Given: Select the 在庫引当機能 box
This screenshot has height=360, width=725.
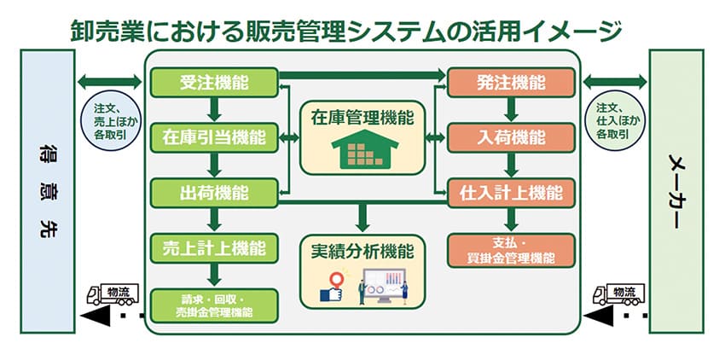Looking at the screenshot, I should [x=215, y=136].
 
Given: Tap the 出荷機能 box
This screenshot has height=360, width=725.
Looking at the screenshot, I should [x=215, y=191].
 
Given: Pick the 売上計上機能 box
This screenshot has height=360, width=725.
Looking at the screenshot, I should [x=215, y=248].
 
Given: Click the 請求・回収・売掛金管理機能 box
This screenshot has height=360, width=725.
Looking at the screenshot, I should [x=215, y=305].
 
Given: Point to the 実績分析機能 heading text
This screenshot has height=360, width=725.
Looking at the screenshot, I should [x=362, y=252].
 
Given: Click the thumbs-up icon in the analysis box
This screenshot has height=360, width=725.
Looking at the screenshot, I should [x=331, y=289].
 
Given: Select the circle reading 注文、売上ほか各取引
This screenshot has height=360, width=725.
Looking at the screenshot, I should [x=110, y=120].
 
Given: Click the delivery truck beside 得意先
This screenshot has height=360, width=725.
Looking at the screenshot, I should [x=107, y=294].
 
